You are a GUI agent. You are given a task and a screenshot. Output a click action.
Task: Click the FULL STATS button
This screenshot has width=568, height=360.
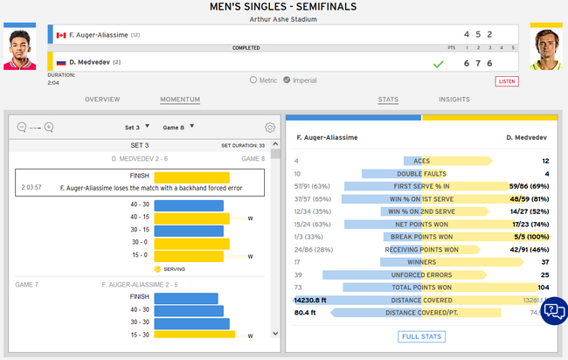422,336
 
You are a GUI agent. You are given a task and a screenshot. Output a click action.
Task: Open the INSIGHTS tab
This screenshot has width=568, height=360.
454,100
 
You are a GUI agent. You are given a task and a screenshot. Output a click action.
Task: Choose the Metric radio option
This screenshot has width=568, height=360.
253,80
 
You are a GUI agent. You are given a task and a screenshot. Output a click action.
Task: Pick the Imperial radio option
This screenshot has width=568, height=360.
288,80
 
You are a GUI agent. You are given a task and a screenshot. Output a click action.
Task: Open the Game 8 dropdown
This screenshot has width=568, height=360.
177,127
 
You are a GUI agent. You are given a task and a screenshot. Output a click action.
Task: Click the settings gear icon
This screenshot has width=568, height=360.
270,127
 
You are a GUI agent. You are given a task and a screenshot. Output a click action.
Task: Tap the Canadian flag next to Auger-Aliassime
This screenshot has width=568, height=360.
61,35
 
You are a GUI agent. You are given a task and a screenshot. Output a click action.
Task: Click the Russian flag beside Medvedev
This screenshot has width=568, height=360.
61,63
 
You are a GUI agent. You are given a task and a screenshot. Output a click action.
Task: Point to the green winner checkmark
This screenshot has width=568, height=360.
440,64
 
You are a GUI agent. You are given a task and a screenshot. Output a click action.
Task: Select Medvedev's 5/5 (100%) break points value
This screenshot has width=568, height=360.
531,236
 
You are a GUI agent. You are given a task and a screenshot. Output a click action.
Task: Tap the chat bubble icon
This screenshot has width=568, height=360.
553,311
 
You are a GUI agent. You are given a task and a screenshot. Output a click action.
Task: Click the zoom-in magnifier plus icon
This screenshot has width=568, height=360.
49,127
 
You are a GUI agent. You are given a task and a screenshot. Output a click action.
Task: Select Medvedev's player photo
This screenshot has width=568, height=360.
545,49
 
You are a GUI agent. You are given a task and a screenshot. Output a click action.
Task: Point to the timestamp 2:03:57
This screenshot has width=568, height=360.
31,187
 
